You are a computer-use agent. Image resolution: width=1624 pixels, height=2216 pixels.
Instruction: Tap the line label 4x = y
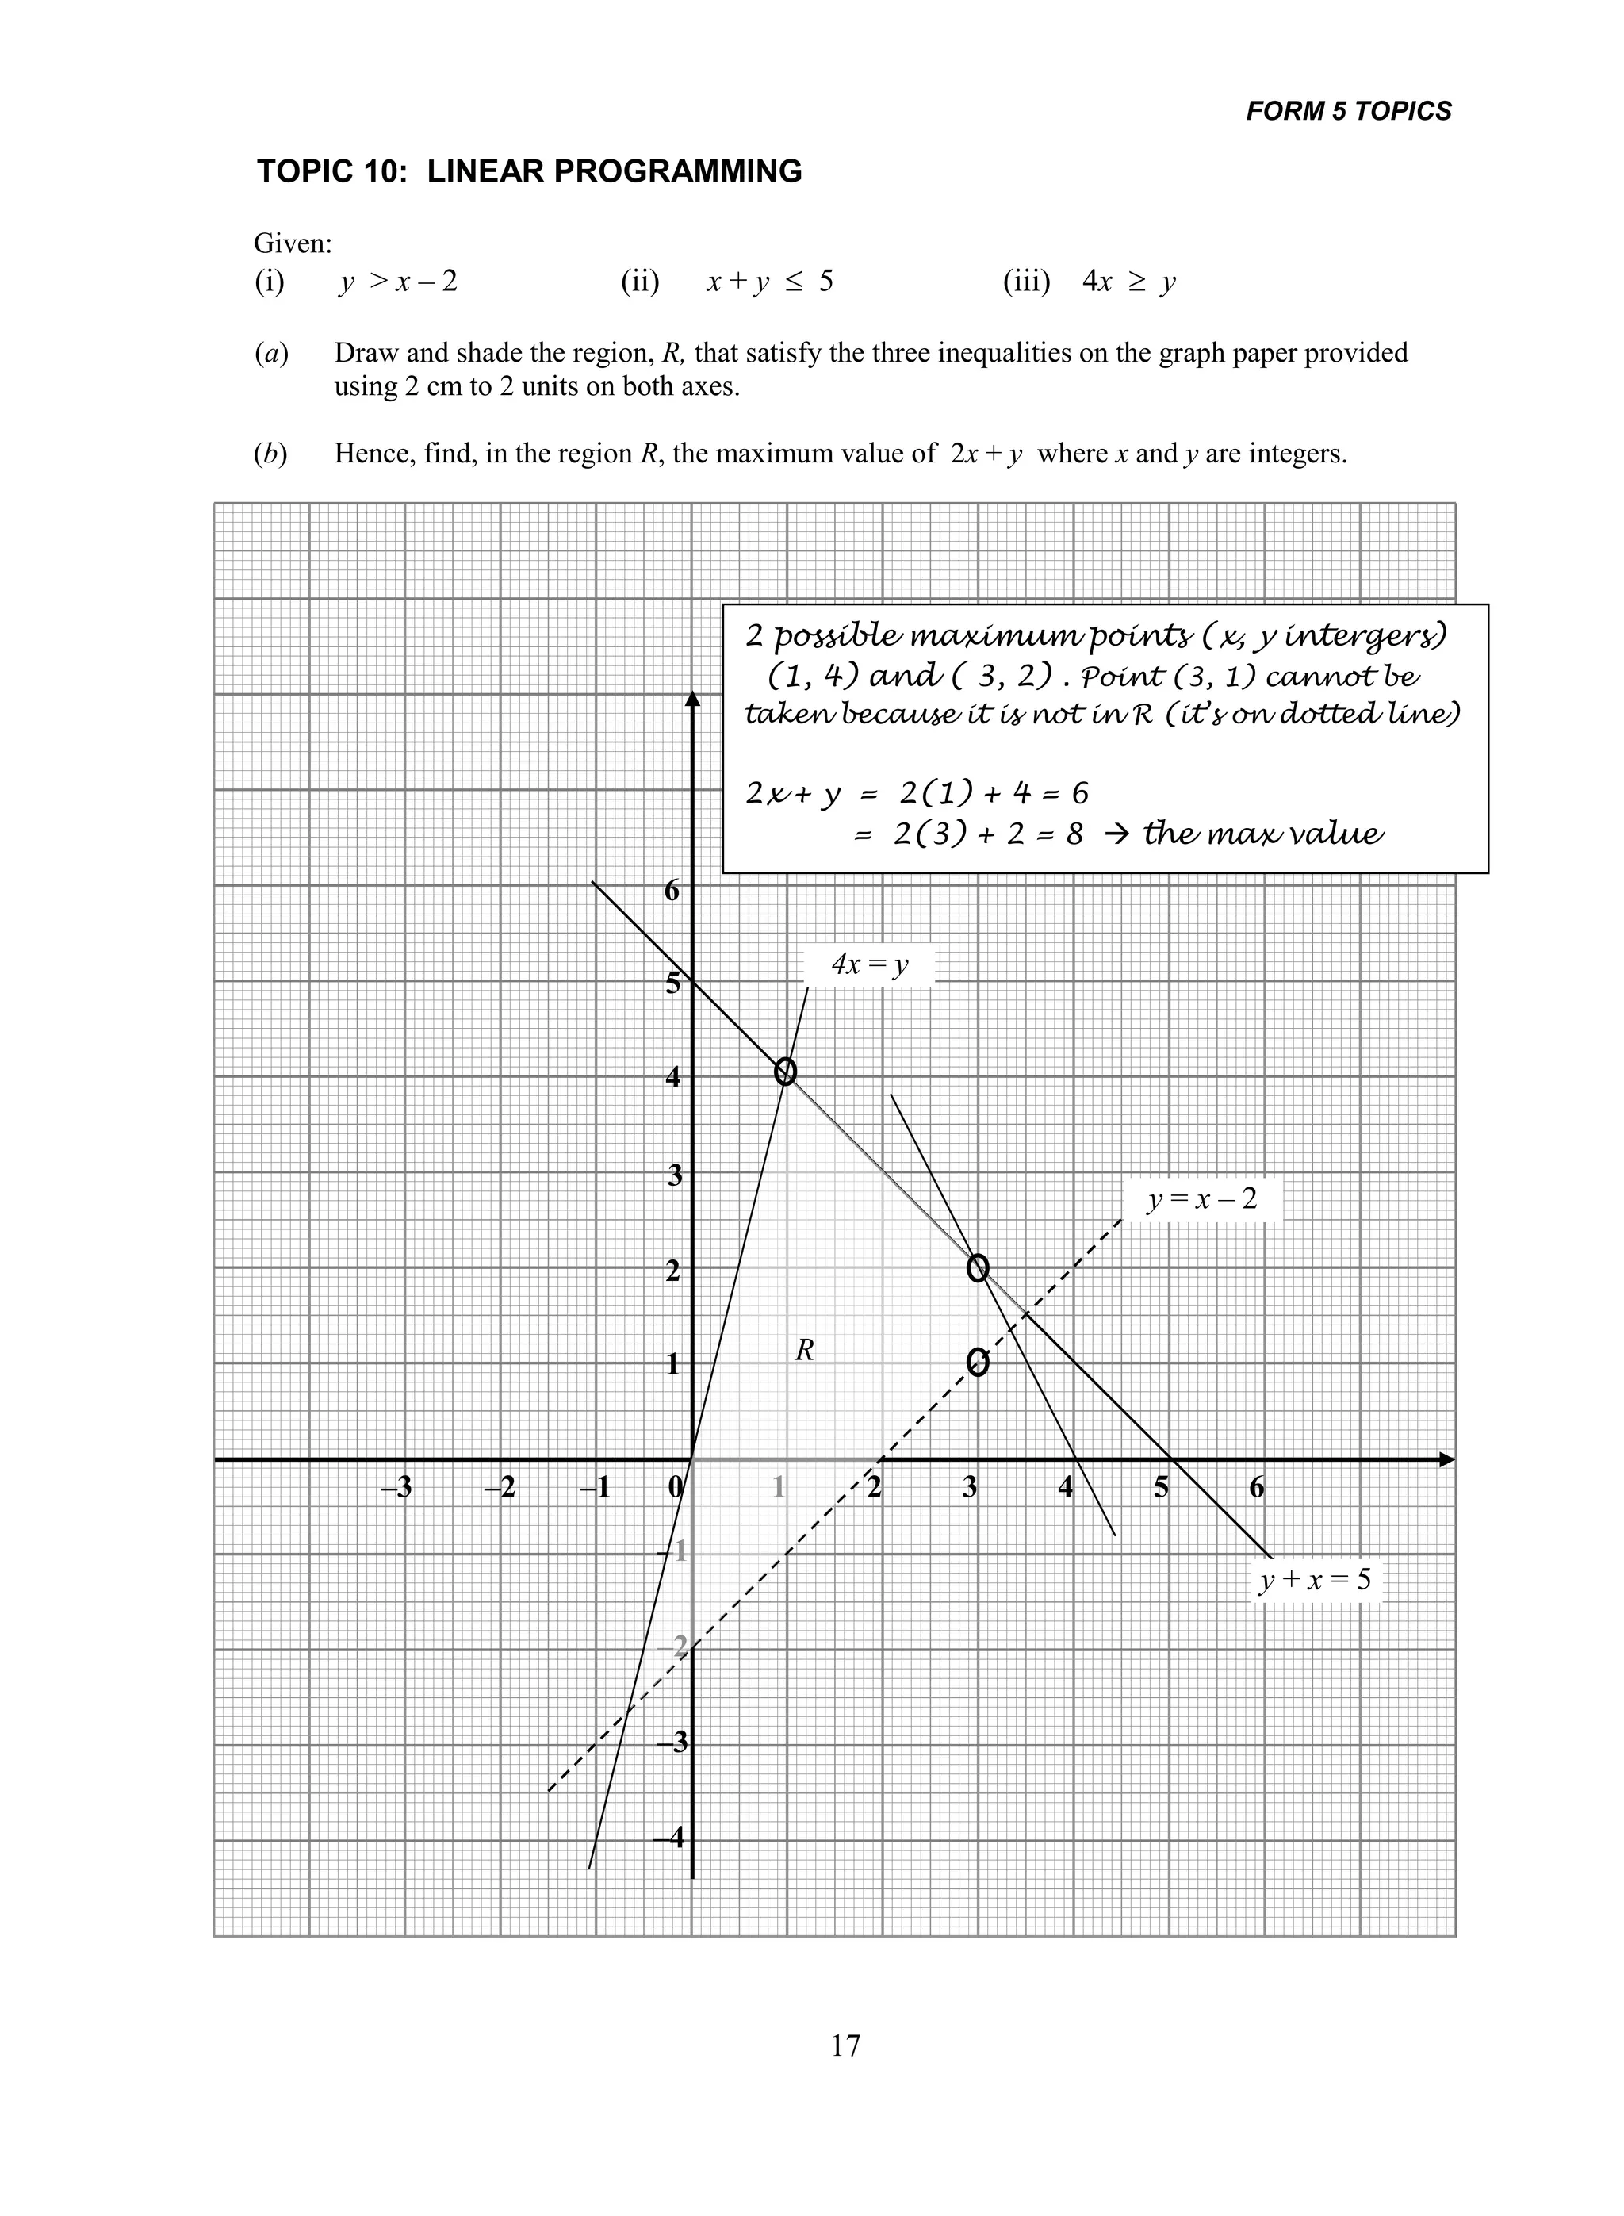point(869,964)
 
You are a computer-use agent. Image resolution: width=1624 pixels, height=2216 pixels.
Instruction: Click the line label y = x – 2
point(1201,1198)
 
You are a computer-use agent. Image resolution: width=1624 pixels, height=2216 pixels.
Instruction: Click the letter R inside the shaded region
point(804,1351)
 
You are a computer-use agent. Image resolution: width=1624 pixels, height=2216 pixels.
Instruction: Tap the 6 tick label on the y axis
point(672,891)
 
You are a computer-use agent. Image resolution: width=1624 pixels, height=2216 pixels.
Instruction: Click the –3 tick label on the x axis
point(396,1487)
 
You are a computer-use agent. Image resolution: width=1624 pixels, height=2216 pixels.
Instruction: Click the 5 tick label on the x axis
point(1161,1487)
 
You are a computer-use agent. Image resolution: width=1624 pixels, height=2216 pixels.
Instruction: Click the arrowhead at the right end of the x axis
point(1445,1460)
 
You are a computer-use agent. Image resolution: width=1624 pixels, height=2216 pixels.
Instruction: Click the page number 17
point(845,2046)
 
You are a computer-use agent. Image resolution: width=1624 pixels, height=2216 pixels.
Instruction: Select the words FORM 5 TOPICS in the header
point(1348,111)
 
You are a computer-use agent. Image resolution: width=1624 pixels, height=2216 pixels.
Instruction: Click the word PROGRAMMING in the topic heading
point(677,171)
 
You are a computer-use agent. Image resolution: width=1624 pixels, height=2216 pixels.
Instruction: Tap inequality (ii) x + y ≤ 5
point(768,282)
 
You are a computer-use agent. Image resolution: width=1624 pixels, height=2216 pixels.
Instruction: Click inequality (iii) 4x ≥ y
point(1128,282)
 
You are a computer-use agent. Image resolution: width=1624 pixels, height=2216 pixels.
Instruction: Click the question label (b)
point(270,454)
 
